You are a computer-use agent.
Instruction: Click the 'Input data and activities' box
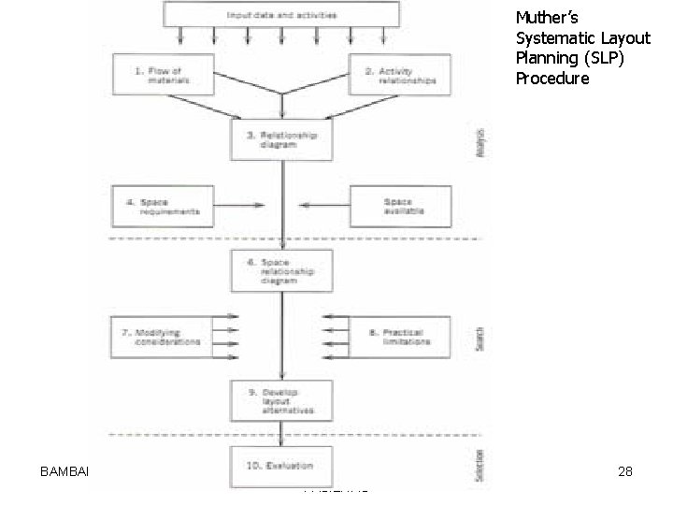[x=281, y=14]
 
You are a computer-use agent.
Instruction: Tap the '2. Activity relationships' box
[x=399, y=75]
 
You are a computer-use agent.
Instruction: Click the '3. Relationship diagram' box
[x=280, y=140]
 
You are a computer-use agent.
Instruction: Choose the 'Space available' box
[x=400, y=206]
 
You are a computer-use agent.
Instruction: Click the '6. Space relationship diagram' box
[x=280, y=271]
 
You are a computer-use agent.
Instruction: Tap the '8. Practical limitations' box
[x=400, y=337]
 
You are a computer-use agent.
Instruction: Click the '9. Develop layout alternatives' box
[x=280, y=400]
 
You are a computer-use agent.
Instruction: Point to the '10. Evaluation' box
[x=280, y=465]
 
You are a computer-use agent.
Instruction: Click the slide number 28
[x=625, y=472]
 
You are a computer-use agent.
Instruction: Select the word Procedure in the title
[x=552, y=79]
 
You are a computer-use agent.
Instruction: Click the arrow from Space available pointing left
[x=322, y=206]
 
